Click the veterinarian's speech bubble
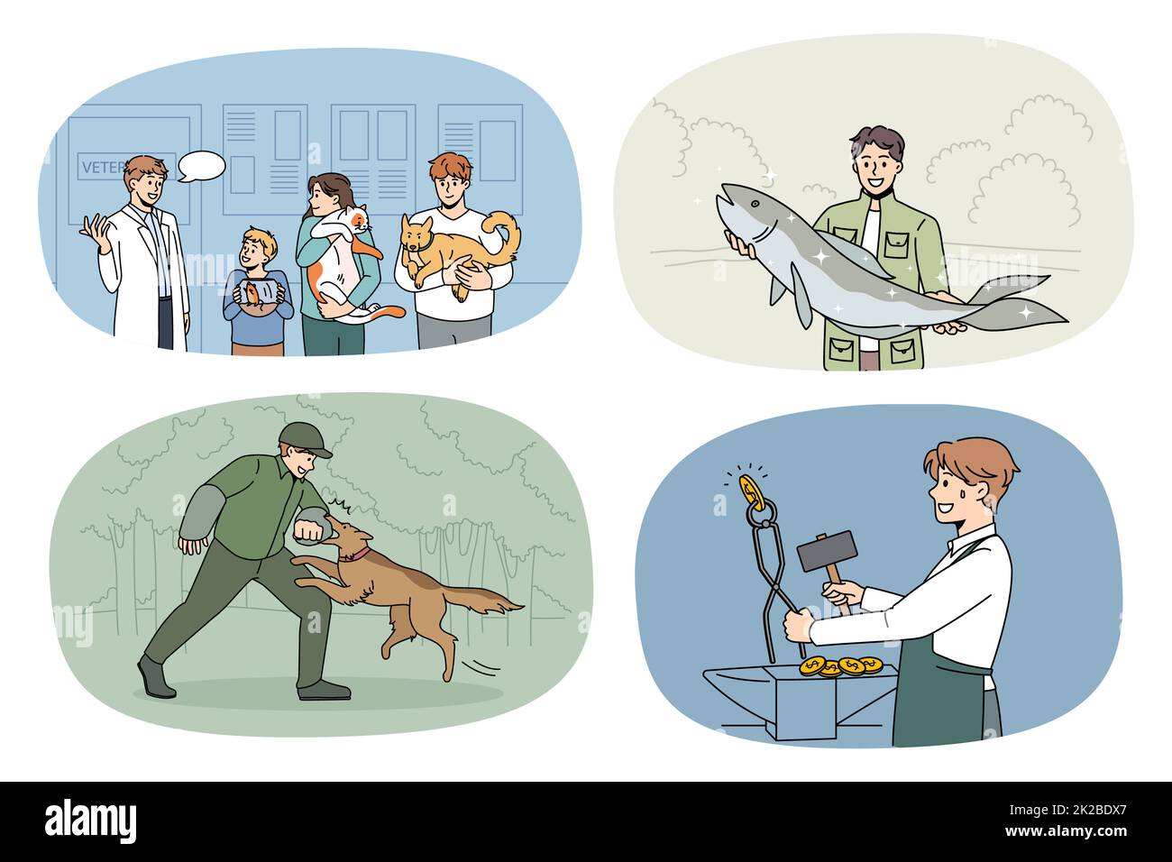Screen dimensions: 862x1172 point(200,167)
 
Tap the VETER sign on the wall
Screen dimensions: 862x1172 point(105,168)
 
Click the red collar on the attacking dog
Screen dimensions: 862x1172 point(359,552)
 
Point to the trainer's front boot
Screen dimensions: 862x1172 point(157,678)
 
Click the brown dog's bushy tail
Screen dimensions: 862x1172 point(486,599)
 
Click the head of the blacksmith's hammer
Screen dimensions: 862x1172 point(825,551)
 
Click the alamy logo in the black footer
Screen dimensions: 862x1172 point(90,821)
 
